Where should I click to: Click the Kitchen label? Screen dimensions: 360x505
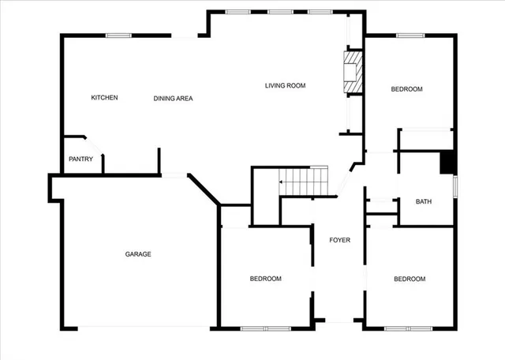pyautogui.click(x=104, y=98)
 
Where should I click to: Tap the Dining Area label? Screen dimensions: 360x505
pyautogui.click(x=173, y=99)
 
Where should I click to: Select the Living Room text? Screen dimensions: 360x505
pyautogui.click(x=285, y=85)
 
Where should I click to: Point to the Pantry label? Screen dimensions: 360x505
pyautogui.click(x=80, y=159)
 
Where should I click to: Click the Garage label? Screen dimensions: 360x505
pyautogui.click(x=137, y=254)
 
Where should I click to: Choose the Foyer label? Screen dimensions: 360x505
pyautogui.click(x=339, y=240)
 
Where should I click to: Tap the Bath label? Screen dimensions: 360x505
pyautogui.click(x=424, y=202)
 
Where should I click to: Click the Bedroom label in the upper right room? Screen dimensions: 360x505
pyautogui.click(x=407, y=89)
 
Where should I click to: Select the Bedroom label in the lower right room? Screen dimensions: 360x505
pyautogui.click(x=410, y=279)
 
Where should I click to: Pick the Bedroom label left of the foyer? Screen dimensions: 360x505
pyautogui.click(x=266, y=279)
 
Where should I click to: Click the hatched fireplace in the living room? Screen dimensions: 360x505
pyautogui.click(x=353, y=72)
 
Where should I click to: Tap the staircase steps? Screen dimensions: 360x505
pyautogui.click(x=306, y=181)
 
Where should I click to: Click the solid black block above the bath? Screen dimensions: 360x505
pyautogui.click(x=447, y=162)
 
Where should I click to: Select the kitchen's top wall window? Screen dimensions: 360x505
pyautogui.click(x=118, y=35)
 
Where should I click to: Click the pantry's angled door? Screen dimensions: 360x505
pyautogui.click(x=94, y=147)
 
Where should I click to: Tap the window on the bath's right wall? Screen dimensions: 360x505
pyautogui.click(x=454, y=189)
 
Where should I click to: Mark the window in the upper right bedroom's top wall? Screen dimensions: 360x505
pyautogui.click(x=410, y=35)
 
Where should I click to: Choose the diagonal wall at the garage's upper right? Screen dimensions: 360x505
pyautogui.click(x=204, y=190)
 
